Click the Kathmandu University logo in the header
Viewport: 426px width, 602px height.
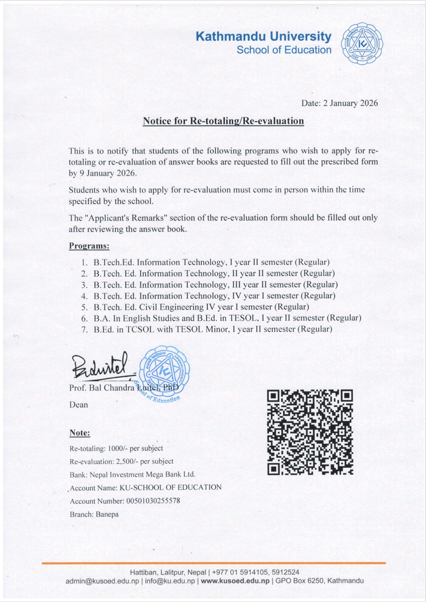click(x=362, y=44)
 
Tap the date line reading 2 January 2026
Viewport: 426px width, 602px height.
click(x=340, y=103)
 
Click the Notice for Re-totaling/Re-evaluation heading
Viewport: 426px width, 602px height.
click(x=223, y=121)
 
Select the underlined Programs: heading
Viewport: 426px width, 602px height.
click(x=89, y=246)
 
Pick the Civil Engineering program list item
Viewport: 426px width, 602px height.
click(x=201, y=307)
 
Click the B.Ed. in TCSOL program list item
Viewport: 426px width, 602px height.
click(x=213, y=329)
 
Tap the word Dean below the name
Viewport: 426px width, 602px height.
click(x=79, y=405)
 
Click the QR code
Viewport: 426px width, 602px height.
click(x=310, y=432)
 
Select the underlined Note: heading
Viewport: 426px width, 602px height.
click(x=80, y=433)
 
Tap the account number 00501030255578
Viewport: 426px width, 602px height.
click(x=153, y=501)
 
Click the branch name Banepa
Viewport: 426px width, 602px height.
click(x=107, y=514)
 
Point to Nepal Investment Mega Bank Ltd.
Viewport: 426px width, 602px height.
click(x=142, y=474)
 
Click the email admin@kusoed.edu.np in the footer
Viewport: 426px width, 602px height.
click(x=102, y=581)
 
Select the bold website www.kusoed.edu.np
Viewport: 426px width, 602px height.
click(x=235, y=581)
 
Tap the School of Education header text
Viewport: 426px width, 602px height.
click(x=284, y=50)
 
